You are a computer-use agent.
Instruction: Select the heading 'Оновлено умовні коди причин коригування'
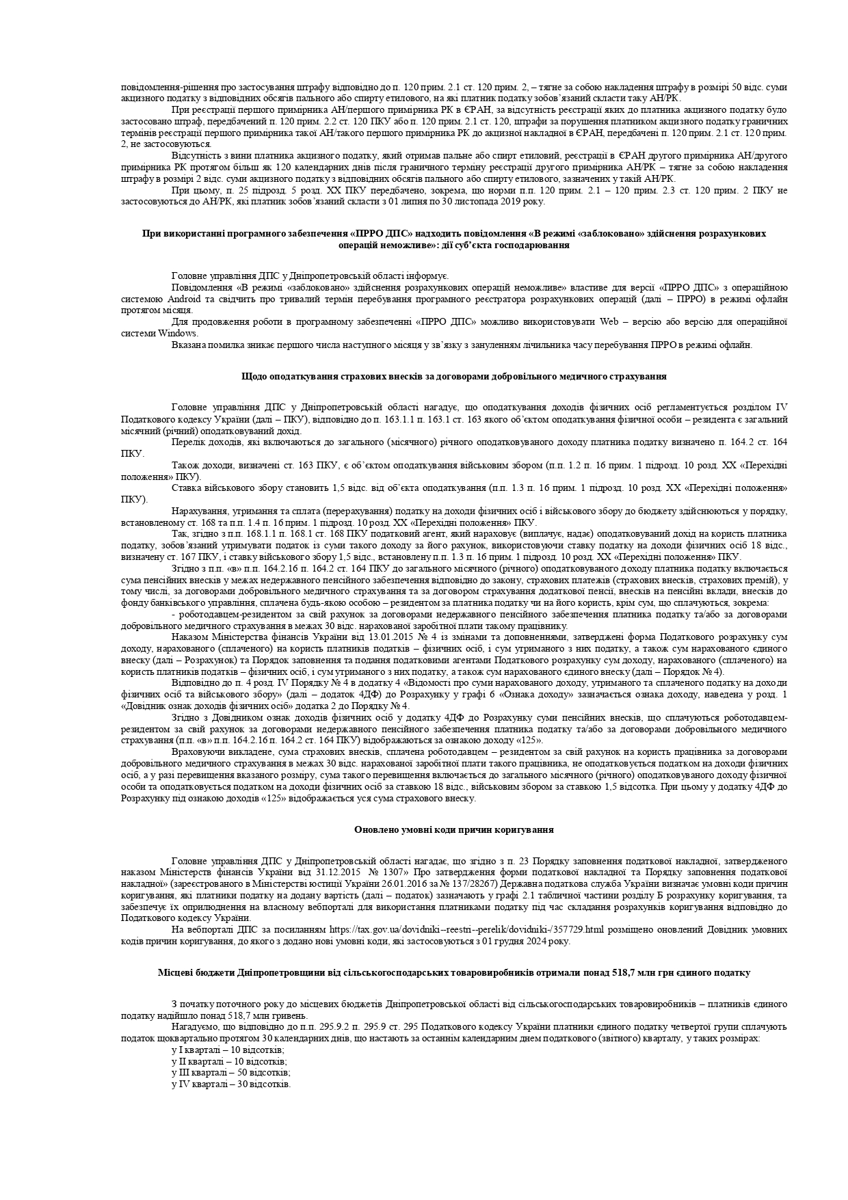(x=453, y=829)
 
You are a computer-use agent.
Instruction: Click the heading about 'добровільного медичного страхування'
(x=453, y=377)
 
